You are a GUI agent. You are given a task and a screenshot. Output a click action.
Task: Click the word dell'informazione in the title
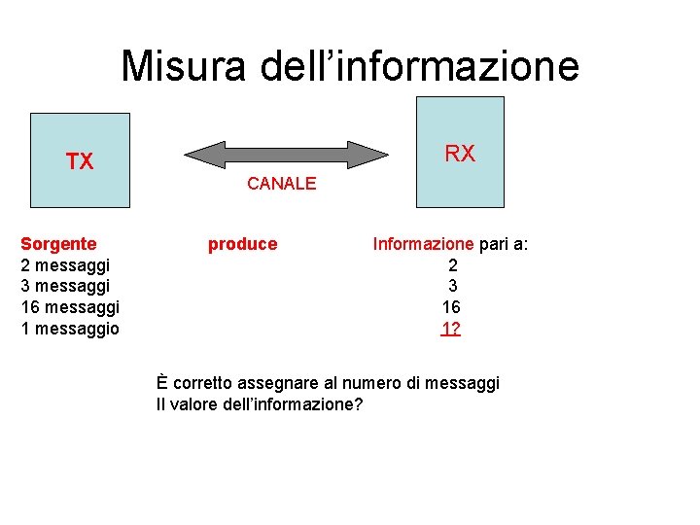pos(420,67)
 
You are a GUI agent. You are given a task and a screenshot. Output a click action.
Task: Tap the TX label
pos(80,161)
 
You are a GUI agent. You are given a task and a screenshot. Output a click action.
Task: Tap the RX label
pos(460,154)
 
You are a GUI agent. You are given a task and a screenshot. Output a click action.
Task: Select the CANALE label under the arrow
pos(282,183)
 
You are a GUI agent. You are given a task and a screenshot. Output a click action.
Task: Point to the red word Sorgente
pos(58,243)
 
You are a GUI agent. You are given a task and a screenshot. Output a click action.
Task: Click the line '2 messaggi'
pos(65,264)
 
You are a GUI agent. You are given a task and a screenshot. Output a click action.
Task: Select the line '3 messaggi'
pos(65,286)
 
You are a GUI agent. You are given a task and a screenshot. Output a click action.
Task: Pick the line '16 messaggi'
pos(70,307)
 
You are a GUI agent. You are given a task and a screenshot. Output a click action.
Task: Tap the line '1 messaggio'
pos(70,329)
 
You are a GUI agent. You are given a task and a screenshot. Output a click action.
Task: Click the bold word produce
pos(243,244)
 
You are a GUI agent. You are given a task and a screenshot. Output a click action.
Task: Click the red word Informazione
pos(423,244)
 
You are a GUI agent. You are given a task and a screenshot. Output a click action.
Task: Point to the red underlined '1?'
pos(450,329)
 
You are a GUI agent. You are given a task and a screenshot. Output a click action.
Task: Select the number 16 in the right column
pos(451,307)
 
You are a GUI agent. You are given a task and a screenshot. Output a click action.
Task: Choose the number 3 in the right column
pos(452,286)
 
